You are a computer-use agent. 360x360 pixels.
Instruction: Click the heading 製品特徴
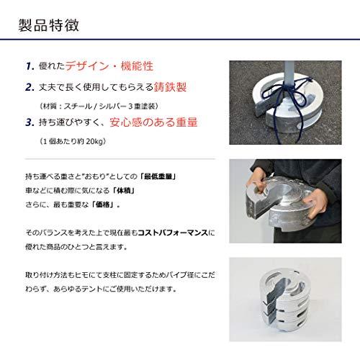tap(49, 25)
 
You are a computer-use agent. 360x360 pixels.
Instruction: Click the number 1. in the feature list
tap(30, 66)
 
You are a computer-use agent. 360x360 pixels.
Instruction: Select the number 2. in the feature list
tap(30, 87)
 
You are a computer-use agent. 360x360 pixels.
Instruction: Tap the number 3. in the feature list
tap(30, 122)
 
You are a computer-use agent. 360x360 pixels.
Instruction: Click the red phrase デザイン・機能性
tap(109, 66)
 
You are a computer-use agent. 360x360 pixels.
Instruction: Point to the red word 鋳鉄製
tap(170, 87)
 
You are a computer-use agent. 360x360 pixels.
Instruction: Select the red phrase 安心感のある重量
tap(153, 122)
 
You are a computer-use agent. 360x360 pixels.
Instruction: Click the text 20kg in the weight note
tap(94, 141)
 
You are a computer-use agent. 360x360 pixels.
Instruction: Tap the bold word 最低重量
tap(158, 176)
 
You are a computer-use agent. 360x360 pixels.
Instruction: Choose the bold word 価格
tap(103, 204)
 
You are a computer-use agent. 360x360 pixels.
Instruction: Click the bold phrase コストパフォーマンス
tap(173, 233)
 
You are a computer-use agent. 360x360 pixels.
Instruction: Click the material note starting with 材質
tap(99, 106)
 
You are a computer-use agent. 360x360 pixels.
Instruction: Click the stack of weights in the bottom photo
tap(284, 298)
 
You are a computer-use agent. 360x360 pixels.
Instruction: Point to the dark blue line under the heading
tap(180, 39)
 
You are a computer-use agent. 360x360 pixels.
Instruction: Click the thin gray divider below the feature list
tap(120, 159)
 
